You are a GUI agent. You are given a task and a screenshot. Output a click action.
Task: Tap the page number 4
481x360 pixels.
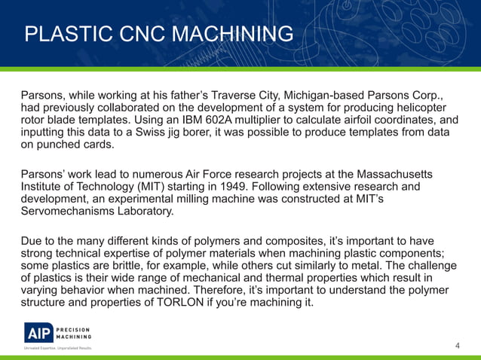(x=458, y=346)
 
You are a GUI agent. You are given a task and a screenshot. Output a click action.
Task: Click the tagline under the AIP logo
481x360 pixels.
(x=57, y=348)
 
